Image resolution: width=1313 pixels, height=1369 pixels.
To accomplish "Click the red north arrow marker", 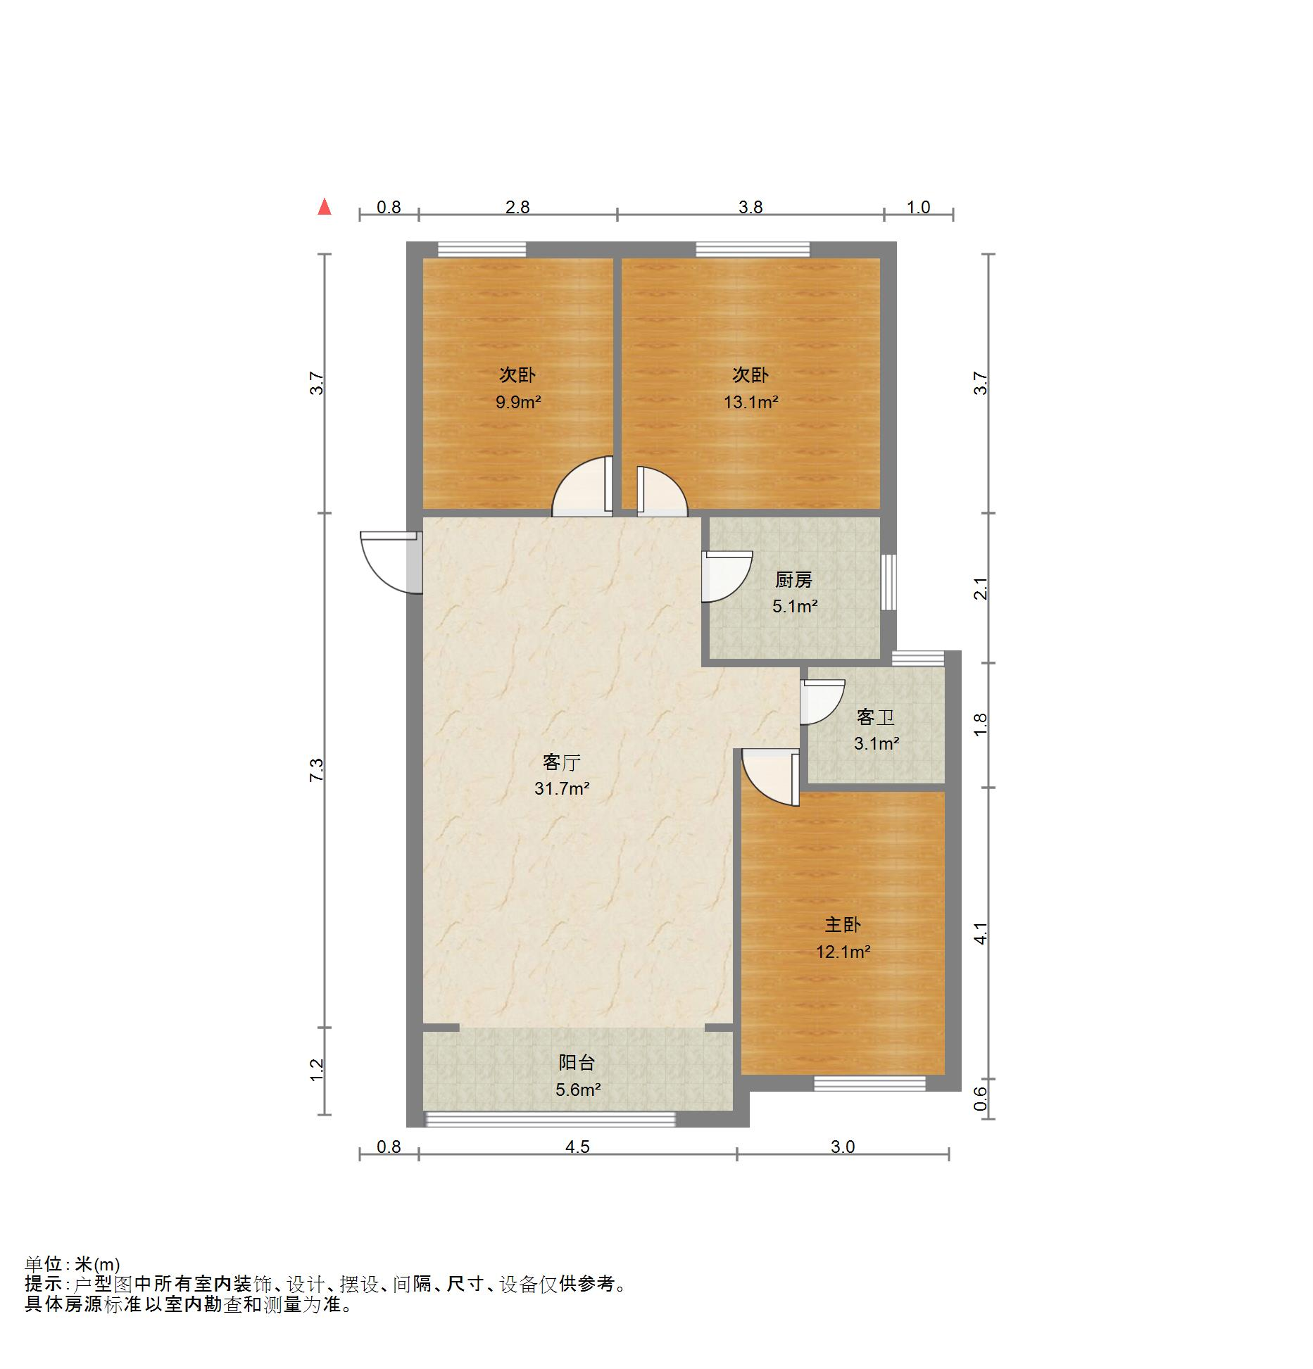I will point(324,206).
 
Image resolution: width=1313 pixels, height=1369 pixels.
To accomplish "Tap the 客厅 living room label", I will point(561,762).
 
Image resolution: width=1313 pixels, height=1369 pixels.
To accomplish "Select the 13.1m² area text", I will point(750,403).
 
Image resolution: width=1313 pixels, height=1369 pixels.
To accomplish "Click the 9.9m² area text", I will point(517,403).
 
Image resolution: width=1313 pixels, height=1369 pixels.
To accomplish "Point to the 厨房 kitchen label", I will point(793,580).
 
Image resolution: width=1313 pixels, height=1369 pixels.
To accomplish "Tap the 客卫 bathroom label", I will point(875,717).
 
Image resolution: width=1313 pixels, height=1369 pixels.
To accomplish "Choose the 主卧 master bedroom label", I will point(842,925).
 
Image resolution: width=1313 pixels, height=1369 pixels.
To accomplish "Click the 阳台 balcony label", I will point(577,1063).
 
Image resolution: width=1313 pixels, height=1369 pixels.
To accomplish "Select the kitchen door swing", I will point(724,576).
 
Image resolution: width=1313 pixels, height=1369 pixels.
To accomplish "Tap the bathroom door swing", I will point(820,702).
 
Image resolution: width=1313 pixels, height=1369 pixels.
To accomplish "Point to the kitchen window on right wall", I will point(889,582).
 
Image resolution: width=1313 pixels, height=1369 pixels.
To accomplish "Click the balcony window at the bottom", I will point(551,1119).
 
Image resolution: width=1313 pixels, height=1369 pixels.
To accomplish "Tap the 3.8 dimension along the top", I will point(750,207).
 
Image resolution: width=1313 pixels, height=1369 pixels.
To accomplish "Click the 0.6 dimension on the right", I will point(981,1099).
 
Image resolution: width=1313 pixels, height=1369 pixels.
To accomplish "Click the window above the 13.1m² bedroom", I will point(753,249).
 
